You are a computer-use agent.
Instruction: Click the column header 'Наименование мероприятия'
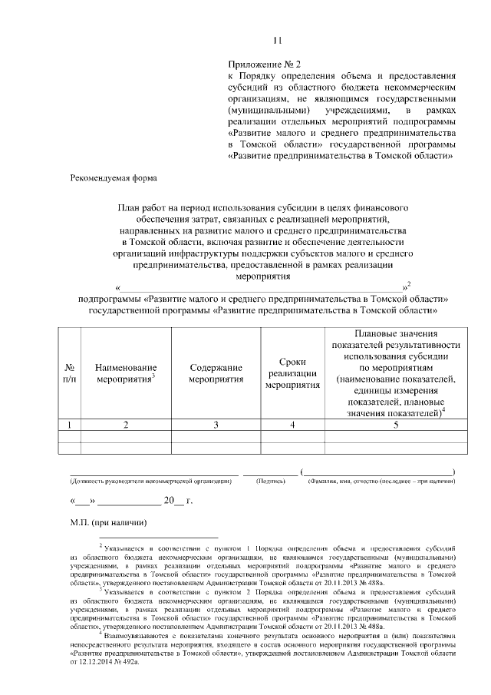126,374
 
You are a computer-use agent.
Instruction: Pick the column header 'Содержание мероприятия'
216,374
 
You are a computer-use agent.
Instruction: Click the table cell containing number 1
69,424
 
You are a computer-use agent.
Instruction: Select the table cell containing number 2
126,424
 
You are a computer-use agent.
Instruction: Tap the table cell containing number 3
216,424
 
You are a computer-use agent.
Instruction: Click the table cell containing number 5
396,424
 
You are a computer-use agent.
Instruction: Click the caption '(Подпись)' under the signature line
270,482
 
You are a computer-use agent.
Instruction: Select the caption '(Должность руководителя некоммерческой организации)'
150,482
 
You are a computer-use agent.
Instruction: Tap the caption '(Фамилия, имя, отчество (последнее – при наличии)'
381,482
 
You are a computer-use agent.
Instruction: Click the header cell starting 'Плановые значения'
396,335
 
